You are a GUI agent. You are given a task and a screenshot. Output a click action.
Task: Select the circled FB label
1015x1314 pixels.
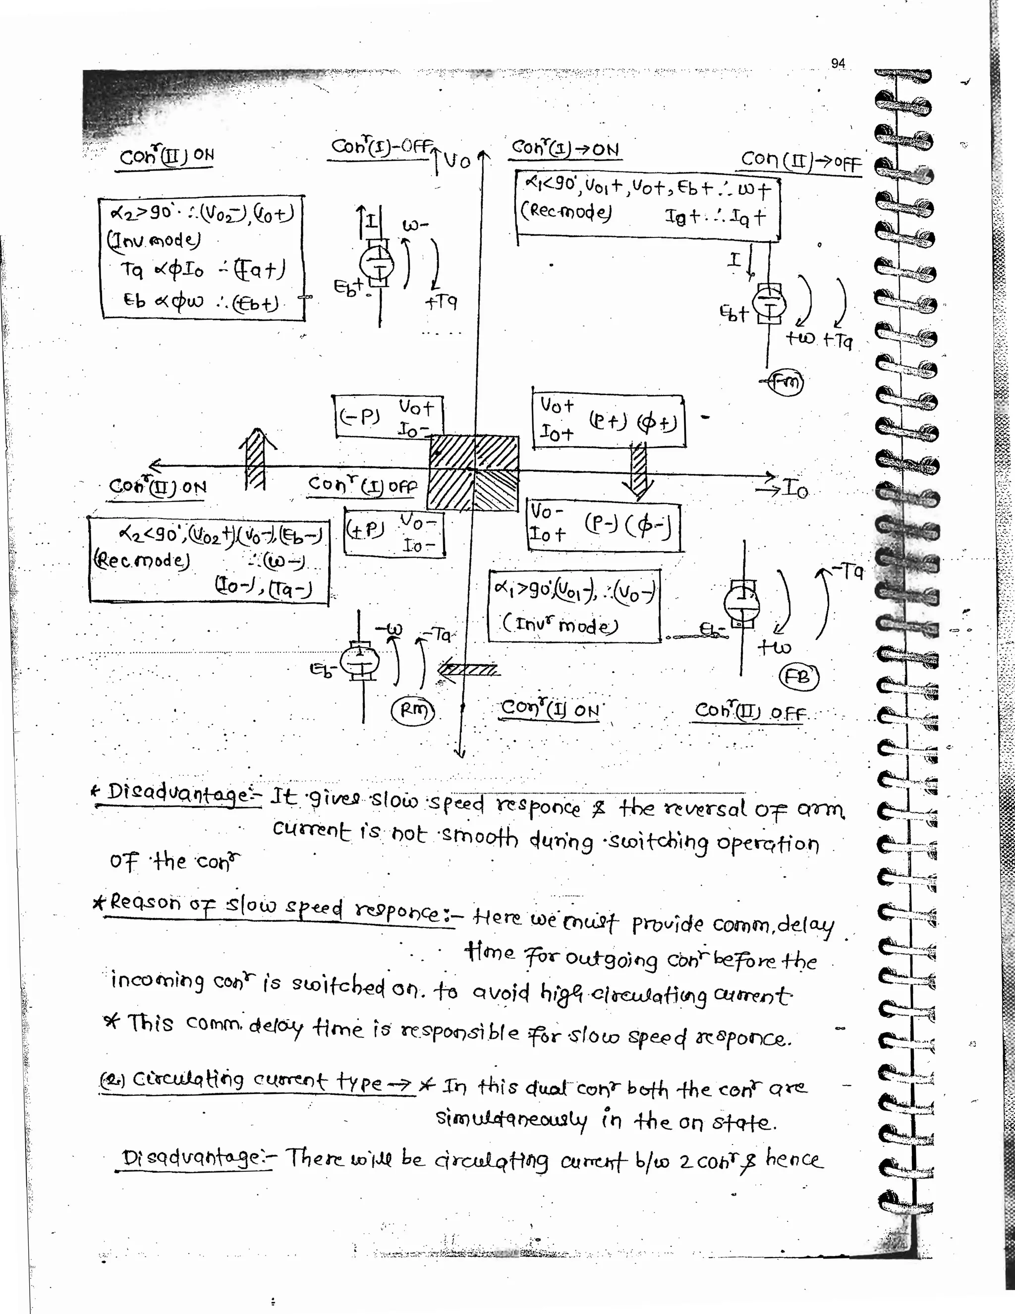pyautogui.click(x=798, y=678)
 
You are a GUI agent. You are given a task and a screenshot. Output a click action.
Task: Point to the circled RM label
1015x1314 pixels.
pyautogui.click(x=413, y=711)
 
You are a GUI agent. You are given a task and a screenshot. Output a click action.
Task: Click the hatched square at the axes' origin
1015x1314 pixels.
pyautogui.click(x=473, y=473)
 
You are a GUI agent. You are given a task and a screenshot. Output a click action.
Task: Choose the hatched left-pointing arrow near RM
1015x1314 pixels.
pyautogui.click(x=468, y=669)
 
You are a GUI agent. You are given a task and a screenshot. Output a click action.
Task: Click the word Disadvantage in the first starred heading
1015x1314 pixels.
pyautogui.click(x=179, y=795)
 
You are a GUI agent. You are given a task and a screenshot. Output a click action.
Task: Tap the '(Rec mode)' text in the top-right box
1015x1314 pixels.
pyautogui.click(x=565, y=212)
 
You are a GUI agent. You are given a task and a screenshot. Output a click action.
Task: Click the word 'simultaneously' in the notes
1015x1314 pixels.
pyautogui.click(x=511, y=1120)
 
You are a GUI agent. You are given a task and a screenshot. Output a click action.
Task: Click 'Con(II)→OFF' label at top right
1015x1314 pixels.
pyautogui.click(x=801, y=161)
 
